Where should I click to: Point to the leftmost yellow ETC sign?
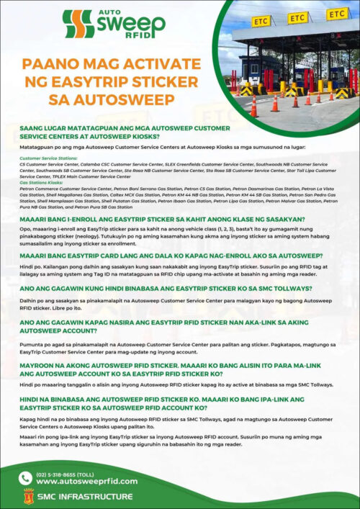(x=261, y=22)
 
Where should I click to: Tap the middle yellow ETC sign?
(x=297, y=17)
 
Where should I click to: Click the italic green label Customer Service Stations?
(x=49, y=157)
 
